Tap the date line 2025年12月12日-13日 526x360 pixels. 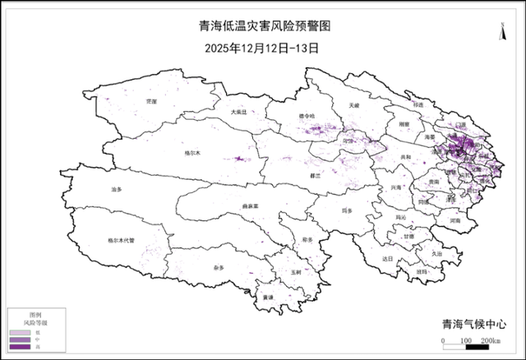tap(262, 47)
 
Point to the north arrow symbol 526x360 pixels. tap(502, 31)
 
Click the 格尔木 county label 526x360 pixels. tap(194, 153)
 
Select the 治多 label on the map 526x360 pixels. tap(116, 190)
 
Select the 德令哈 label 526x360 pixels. tap(306, 117)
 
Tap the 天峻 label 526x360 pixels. tap(354, 106)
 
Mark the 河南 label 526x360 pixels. tap(456, 221)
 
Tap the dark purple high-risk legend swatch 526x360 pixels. tap(20, 348)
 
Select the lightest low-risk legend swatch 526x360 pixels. tap(20, 331)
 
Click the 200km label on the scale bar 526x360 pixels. tap(491, 340)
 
